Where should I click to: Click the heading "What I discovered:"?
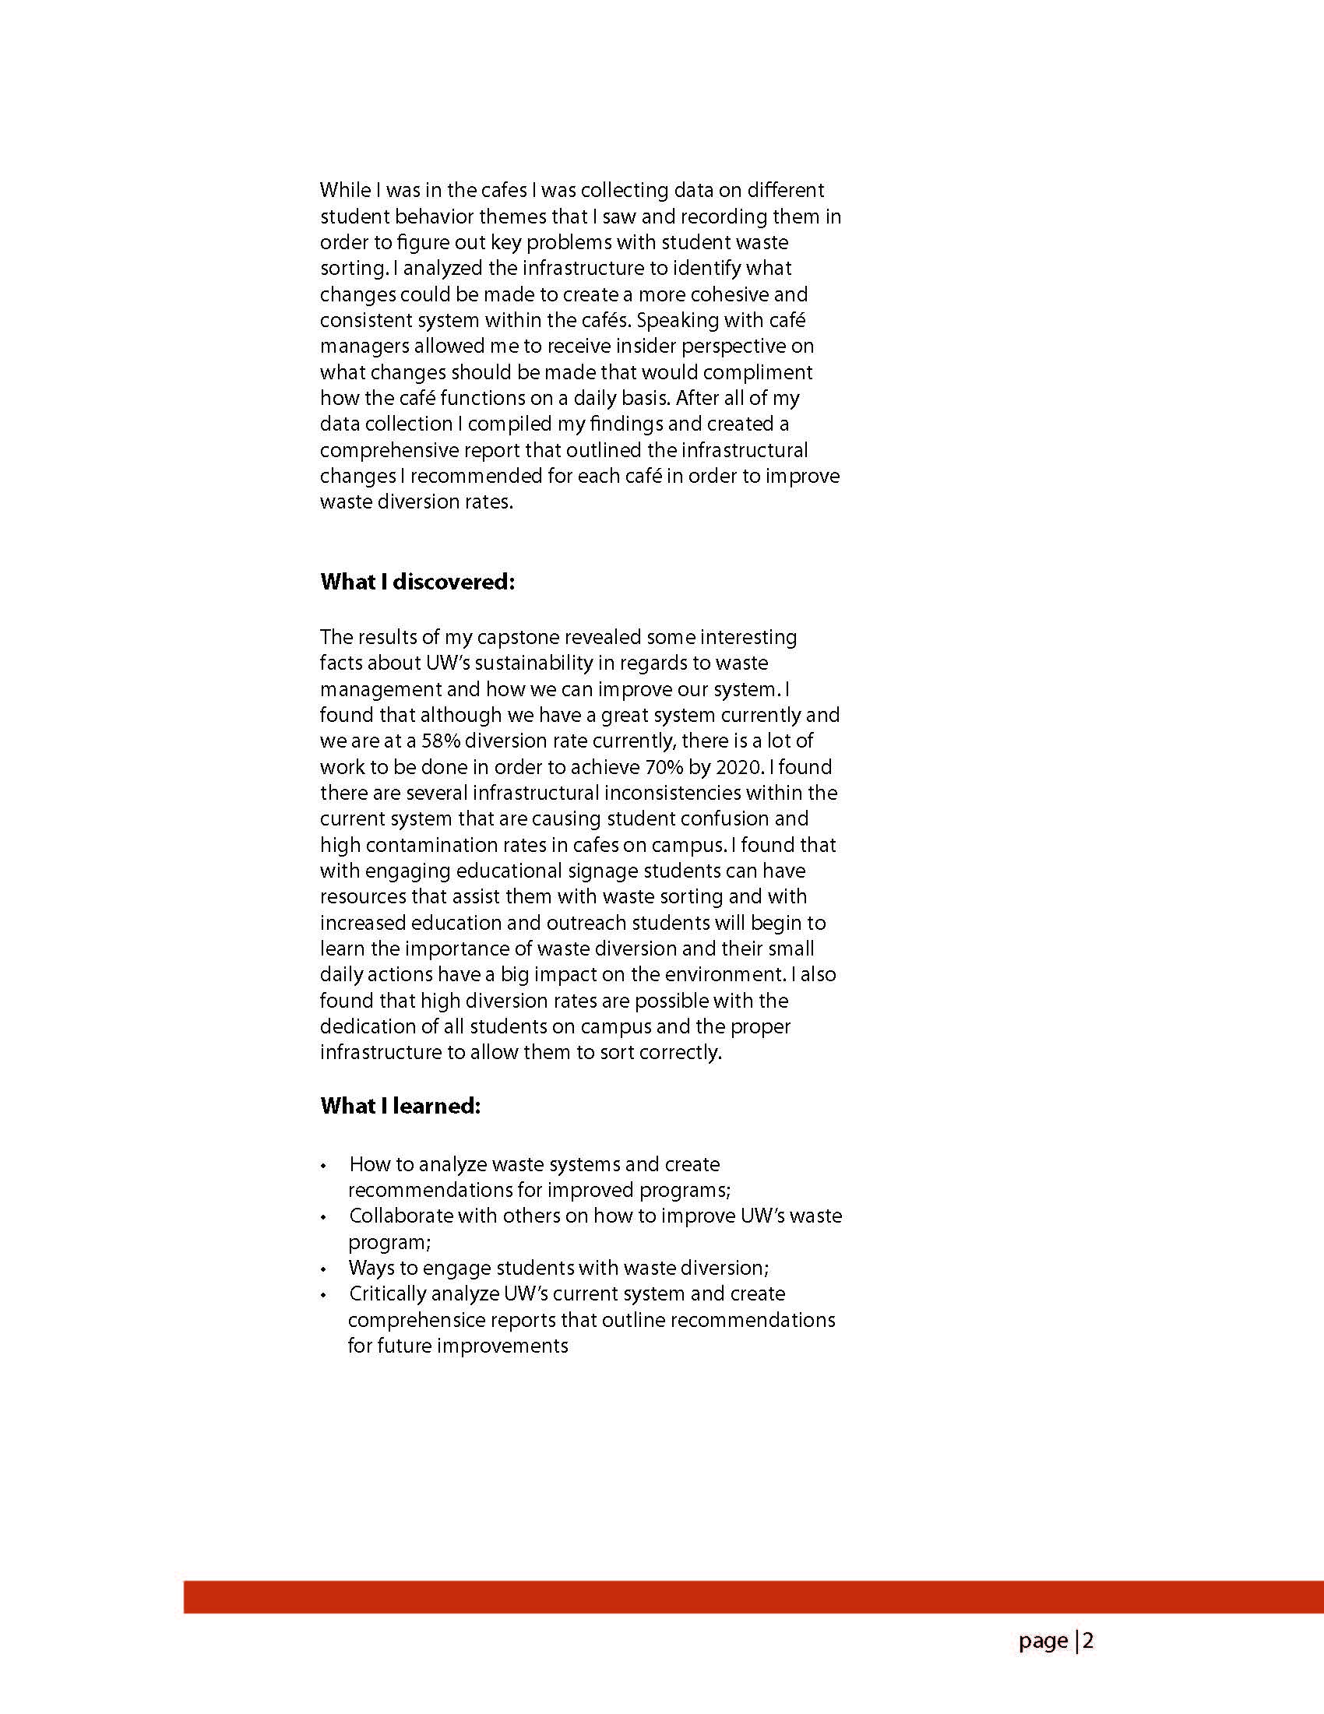click(x=417, y=582)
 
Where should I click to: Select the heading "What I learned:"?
click(x=400, y=1106)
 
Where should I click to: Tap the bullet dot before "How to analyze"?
click(x=323, y=1167)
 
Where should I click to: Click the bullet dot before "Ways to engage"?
click(x=323, y=1270)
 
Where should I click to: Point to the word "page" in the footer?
click(x=1043, y=1641)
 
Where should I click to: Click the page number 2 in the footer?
click(x=1088, y=1641)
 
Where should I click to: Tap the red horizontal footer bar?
click(x=753, y=1597)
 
